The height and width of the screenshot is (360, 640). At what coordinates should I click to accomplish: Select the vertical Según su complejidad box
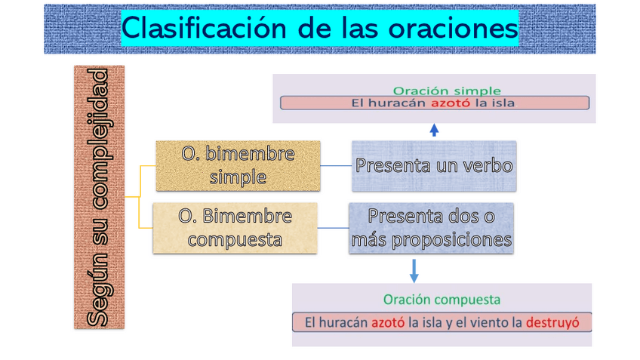pos(99,197)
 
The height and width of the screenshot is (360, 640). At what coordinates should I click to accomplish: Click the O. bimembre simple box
pos(238,165)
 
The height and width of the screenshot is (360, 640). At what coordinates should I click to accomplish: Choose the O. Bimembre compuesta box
pos(235,228)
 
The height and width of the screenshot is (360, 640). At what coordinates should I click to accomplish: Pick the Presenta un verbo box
pos(434,165)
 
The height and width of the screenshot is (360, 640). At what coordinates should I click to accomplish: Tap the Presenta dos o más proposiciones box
pos(431,228)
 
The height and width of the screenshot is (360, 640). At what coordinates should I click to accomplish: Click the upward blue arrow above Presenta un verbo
pos(434,130)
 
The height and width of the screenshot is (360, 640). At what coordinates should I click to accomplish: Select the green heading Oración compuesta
pos(442,300)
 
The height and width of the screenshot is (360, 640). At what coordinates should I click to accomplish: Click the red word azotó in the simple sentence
pos(451,103)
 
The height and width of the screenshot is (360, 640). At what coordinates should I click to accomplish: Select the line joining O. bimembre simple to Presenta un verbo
pos(336,165)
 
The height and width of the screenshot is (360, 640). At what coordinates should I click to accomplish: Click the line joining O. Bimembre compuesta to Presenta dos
pos(333,228)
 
